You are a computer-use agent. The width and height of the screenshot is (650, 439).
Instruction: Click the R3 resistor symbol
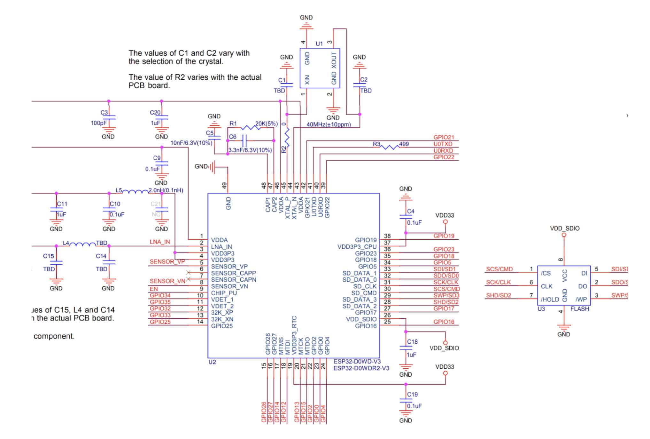point(390,147)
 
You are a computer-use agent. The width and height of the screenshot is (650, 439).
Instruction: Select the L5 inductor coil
point(135,192)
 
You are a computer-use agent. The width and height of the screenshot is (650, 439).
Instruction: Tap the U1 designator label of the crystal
point(319,44)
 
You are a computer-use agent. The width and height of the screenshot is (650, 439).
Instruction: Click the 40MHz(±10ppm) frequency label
point(329,124)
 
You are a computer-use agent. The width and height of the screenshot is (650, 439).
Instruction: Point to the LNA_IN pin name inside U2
point(221,247)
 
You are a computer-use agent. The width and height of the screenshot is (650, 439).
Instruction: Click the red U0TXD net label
point(443,144)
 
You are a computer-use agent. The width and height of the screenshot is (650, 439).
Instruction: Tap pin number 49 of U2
point(224,186)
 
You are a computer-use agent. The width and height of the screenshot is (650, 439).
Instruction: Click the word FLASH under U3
point(579,309)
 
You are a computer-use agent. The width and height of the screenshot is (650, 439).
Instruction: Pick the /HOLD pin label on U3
point(550,299)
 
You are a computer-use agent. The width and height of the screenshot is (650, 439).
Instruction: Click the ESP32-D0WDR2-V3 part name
point(361,368)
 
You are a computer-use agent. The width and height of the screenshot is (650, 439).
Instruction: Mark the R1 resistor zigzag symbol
point(251,128)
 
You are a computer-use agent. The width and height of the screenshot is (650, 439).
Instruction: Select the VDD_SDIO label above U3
point(564,228)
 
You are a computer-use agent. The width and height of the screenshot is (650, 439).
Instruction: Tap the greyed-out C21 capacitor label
point(156,204)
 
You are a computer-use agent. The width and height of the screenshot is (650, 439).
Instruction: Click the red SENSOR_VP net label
point(167,261)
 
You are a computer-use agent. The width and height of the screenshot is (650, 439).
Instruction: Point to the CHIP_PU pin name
point(224,293)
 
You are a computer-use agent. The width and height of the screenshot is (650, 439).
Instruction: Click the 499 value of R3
point(404,144)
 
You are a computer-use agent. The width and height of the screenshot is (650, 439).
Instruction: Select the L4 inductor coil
point(82,244)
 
